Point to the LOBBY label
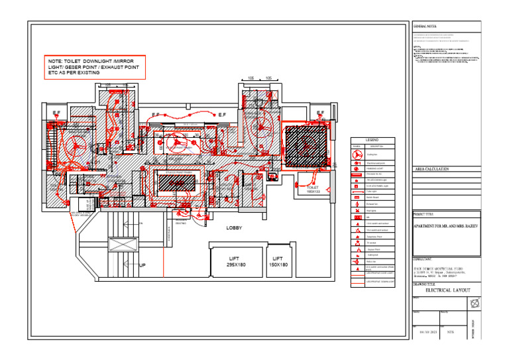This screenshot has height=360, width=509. tap(234, 227)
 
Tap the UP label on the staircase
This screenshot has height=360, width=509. tap(142, 265)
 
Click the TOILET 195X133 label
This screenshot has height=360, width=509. tap(313, 190)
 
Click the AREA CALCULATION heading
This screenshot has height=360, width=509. tap(432, 170)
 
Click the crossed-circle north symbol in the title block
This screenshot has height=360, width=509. tap(473, 304)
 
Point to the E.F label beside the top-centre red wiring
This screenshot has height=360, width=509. tap(223, 115)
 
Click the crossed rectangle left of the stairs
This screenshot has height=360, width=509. tap(123, 245)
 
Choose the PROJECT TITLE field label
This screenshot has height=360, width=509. tap(425, 215)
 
